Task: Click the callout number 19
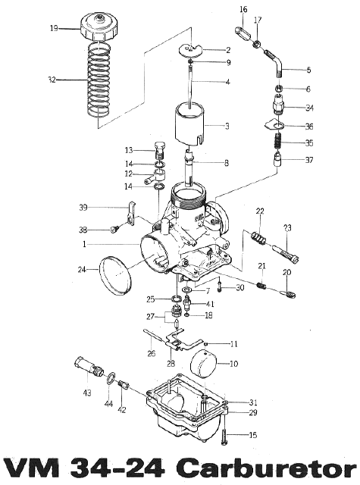(x=54, y=29)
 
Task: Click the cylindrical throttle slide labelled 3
(x=190, y=124)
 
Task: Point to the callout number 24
(x=82, y=270)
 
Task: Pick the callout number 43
(x=87, y=393)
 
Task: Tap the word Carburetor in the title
(x=268, y=470)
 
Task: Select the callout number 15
(x=252, y=435)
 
